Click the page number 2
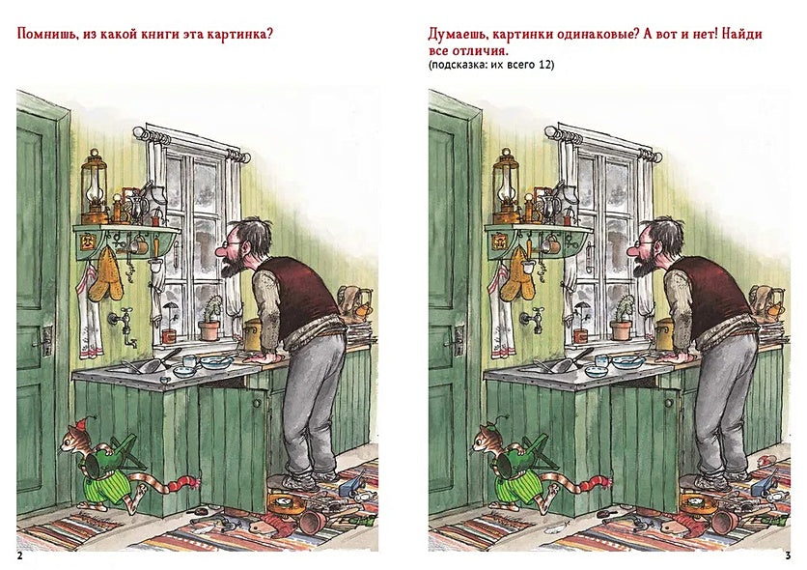[20, 555]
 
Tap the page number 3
[788, 555]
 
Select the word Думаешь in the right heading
[462, 34]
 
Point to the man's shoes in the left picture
[303, 479]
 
